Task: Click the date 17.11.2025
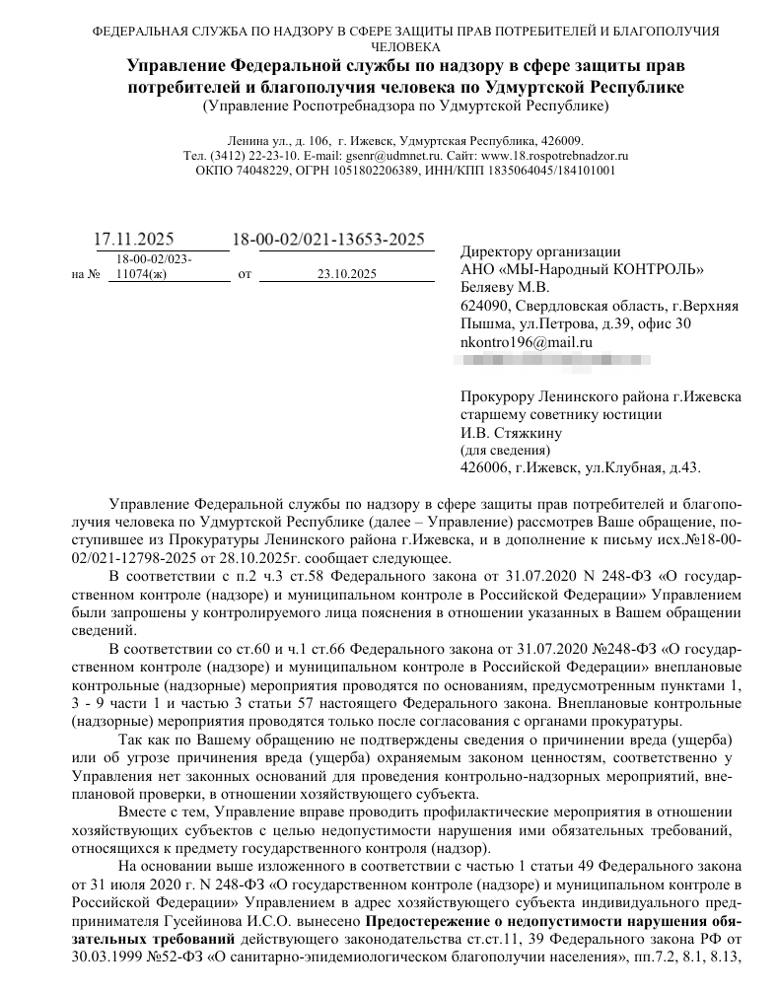133,240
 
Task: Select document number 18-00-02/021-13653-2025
328,240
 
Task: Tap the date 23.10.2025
347,274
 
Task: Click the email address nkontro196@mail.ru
527,341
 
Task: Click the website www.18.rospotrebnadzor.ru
555,156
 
